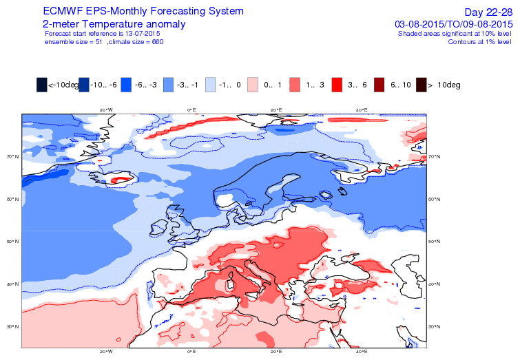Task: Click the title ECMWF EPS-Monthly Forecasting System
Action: pyautogui.click(x=143, y=12)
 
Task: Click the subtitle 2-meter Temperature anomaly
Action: pyautogui.click(x=113, y=24)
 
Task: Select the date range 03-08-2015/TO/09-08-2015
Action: pyautogui.click(x=453, y=24)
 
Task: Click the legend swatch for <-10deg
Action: pyautogui.click(x=42, y=85)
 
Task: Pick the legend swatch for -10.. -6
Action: pyautogui.click(x=85, y=85)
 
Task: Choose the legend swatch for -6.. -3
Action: pyautogui.click(x=127, y=85)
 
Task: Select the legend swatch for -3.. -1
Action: pyautogui.click(x=169, y=85)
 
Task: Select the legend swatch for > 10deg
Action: pyautogui.click(x=422, y=85)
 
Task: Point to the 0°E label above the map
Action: pyautogui.click(x=191, y=109)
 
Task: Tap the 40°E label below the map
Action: pyautogui.click(x=361, y=352)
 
